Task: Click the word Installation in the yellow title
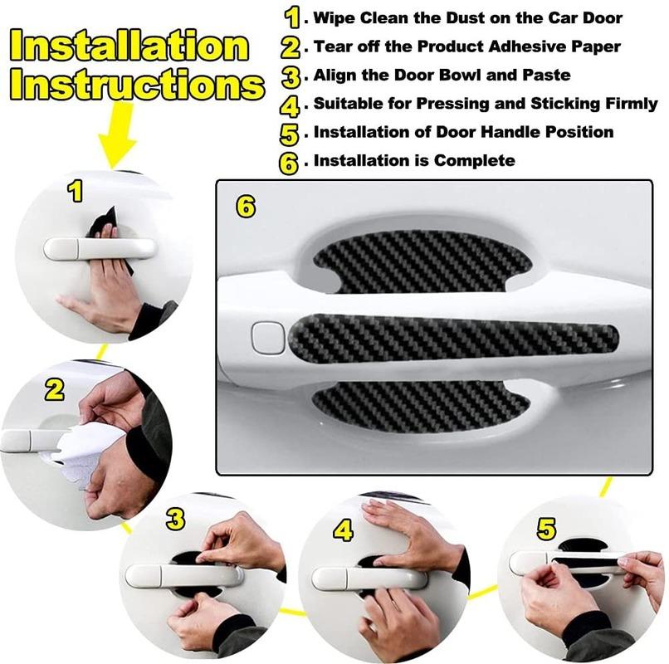tap(133, 47)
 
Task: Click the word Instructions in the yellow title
tap(138, 85)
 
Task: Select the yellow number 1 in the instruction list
tap(291, 17)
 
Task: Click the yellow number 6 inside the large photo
tap(246, 207)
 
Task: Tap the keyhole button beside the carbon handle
tap(267, 336)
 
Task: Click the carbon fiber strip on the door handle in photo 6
tap(452, 338)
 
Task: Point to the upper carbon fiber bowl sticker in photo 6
tap(423, 260)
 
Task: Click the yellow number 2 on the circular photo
tap(55, 390)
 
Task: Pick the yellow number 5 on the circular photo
tap(546, 529)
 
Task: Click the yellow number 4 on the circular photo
tap(344, 530)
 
